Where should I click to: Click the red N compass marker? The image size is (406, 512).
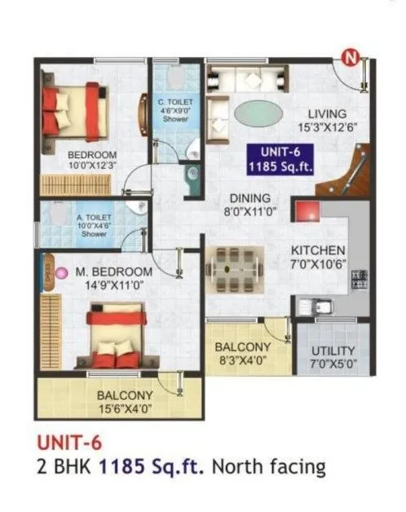point(350,58)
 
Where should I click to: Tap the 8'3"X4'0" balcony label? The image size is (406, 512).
point(242,352)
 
